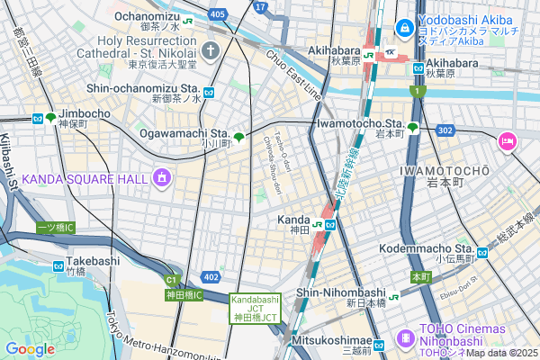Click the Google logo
pyautogui.click(x=30, y=348)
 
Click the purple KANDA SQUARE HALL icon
pyautogui.click(x=162, y=178)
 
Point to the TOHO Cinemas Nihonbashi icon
pyautogui.click(x=405, y=337)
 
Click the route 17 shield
pyautogui.click(x=260, y=6)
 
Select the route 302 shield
pyautogui.click(x=445, y=130)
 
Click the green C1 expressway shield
pyautogui.click(x=171, y=280)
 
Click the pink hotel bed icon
pyautogui.click(x=507, y=140)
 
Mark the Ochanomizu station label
pyautogui.click(x=148, y=15)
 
